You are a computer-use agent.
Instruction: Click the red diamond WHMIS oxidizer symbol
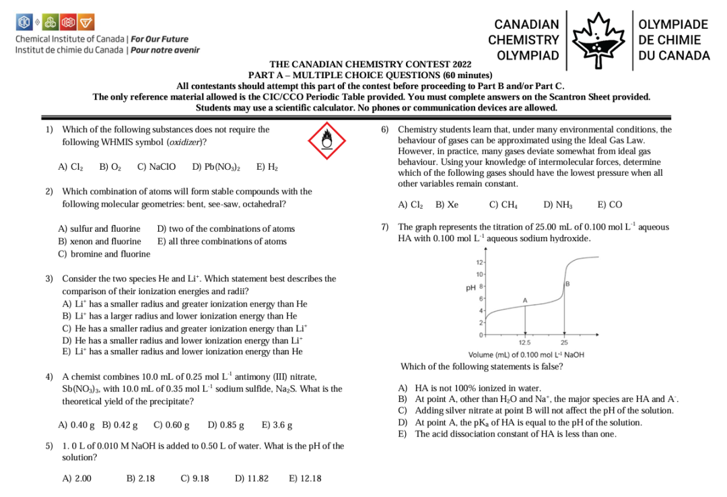[326, 139]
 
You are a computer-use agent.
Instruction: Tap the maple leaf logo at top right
[599, 39]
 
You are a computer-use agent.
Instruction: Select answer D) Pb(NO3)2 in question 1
[216, 167]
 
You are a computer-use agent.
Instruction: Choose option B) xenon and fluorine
[100, 241]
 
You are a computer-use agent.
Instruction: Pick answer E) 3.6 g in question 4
[277, 425]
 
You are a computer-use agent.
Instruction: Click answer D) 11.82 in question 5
[252, 479]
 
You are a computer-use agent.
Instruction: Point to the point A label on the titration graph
[525, 299]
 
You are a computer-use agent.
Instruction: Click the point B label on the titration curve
[568, 284]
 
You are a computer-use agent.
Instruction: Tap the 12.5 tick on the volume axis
[525, 342]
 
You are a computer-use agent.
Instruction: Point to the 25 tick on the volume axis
[564, 342]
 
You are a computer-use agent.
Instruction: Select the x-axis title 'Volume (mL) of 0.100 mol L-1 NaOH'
[526, 355]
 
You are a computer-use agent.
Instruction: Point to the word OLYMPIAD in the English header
[528, 55]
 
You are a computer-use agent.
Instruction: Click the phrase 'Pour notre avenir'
[165, 50]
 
